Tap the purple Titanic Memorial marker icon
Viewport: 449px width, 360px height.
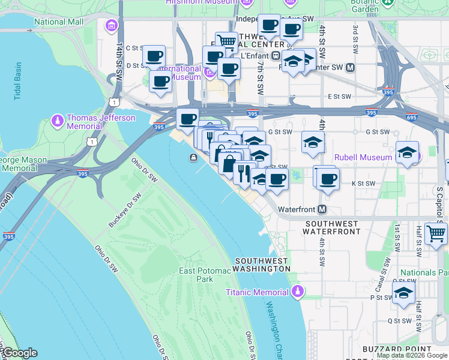click(x=298, y=292)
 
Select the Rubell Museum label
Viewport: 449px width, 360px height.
click(x=363, y=157)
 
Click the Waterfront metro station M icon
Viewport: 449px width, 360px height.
click(x=322, y=209)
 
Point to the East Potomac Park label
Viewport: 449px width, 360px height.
click(x=205, y=275)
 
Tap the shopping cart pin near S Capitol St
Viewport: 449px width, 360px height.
click(x=436, y=233)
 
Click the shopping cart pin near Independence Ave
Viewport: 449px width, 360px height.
click(x=226, y=41)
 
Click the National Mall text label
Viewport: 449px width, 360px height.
click(x=58, y=22)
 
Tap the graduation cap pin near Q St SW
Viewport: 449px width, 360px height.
click(x=403, y=292)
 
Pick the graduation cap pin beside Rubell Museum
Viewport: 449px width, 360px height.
click(x=407, y=152)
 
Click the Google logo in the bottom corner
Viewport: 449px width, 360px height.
click(x=19, y=353)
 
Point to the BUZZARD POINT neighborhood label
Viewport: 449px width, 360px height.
click(x=397, y=349)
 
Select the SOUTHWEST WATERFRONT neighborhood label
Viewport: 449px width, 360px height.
click(x=332, y=226)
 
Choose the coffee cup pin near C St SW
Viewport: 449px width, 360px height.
click(x=154, y=55)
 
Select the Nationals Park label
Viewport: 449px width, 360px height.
click(x=426, y=272)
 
